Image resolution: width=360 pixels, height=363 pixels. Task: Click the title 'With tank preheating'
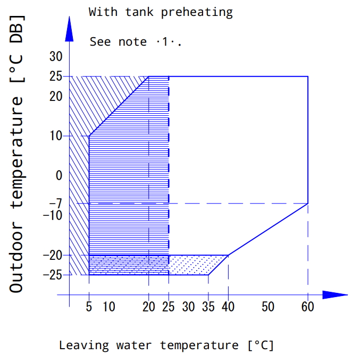[161, 12]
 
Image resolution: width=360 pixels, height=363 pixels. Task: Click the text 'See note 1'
[136, 41]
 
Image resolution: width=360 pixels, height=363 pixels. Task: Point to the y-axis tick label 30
[56, 56]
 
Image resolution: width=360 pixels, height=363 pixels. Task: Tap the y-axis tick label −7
[55, 203]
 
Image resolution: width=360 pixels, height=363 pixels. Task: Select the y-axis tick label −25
[53, 275]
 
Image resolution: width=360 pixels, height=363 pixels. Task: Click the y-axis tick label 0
[59, 175]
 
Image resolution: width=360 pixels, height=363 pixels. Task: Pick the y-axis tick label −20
[53, 255]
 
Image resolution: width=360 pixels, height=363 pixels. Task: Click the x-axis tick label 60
[307, 307]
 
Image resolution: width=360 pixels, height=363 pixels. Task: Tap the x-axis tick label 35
[208, 307]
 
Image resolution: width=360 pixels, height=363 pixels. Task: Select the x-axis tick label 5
[89, 307]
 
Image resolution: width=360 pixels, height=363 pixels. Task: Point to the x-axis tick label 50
[267, 307]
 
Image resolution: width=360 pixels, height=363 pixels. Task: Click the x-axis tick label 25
[169, 307]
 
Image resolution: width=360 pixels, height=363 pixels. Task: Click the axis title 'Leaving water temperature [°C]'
[166, 345]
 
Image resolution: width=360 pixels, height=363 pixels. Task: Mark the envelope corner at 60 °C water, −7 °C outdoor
[308, 203]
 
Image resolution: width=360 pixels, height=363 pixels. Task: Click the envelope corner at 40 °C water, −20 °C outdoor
[228, 255]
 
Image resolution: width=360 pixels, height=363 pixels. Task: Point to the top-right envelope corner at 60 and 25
[308, 77]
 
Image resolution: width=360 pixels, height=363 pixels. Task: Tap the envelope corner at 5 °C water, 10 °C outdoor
[89, 136]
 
